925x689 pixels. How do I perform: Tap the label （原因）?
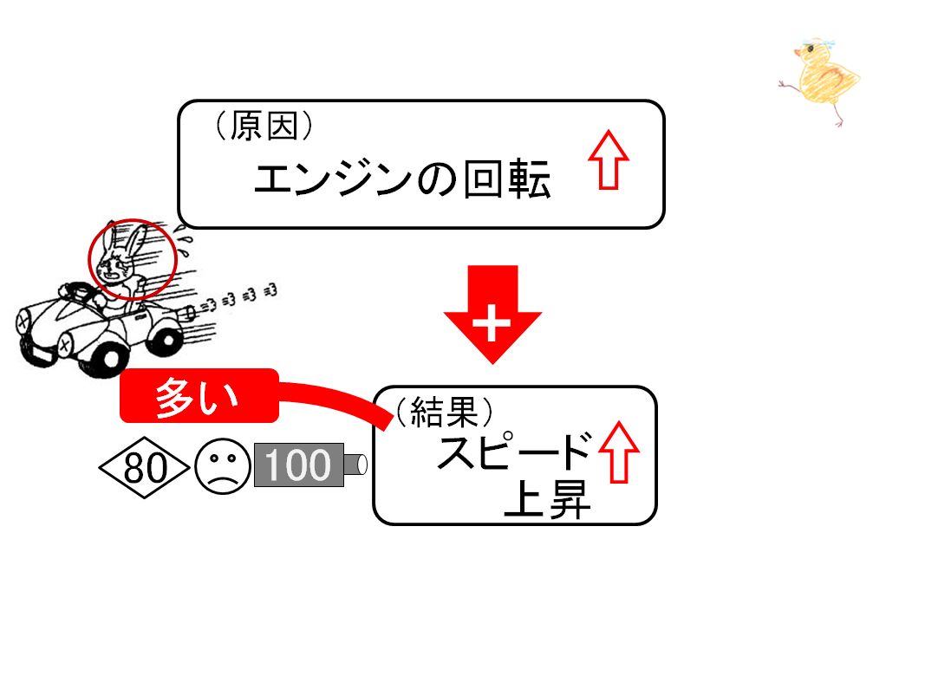pyautogui.click(x=263, y=126)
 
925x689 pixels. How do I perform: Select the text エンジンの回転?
pyautogui.click(x=402, y=179)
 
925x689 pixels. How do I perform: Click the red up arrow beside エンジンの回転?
pyautogui.click(x=609, y=159)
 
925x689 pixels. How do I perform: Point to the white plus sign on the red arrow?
pyautogui.click(x=492, y=323)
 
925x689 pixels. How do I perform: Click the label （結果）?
pyautogui.click(x=444, y=411)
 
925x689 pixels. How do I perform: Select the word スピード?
pyautogui.click(x=514, y=451)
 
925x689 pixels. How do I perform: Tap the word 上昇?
pyautogui.click(x=547, y=499)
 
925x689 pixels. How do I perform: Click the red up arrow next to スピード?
pyautogui.click(x=619, y=452)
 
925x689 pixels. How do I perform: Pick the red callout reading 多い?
pyautogui.click(x=199, y=396)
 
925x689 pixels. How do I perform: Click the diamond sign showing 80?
pyautogui.click(x=145, y=467)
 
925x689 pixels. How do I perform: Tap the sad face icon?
pyautogui.click(x=223, y=466)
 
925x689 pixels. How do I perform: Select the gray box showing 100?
pyautogui.click(x=298, y=465)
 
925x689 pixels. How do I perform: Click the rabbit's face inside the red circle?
pyautogui.click(x=116, y=265)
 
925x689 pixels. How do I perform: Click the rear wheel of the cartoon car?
pyautogui.click(x=166, y=339)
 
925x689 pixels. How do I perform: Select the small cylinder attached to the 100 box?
pyautogui.click(x=355, y=465)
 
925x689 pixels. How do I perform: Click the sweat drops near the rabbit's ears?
pyautogui.click(x=185, y=245)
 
